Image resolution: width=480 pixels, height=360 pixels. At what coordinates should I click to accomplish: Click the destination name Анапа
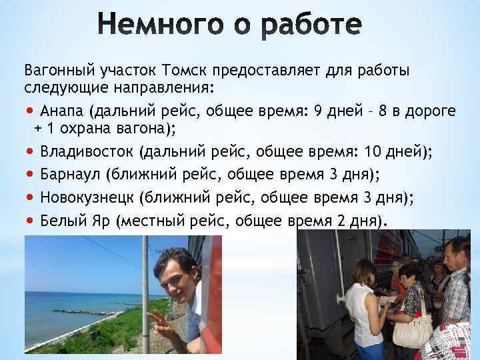(62, 111)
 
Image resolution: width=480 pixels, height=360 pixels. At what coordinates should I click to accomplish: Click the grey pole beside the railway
(145, 293)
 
